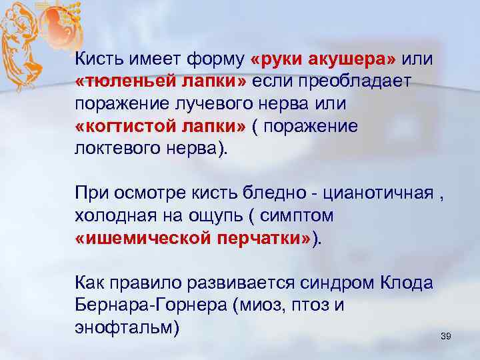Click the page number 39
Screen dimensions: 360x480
tap(446, 337)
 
